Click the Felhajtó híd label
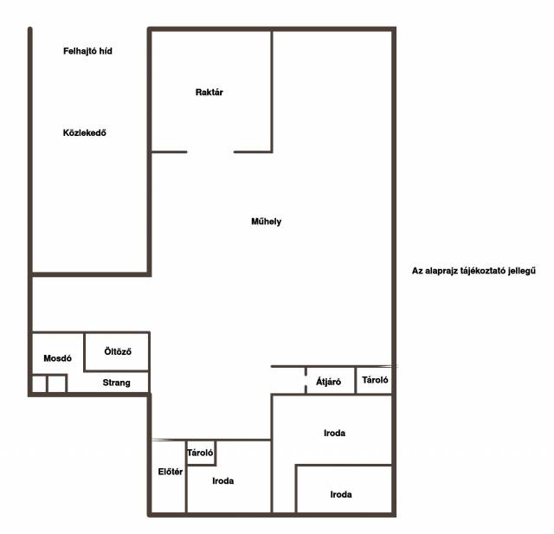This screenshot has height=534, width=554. tap(87, 51)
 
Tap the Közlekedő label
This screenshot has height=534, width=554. tap(85, 132)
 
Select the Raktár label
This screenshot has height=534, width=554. tap(209, 93)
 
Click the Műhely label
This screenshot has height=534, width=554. tap(267, 222)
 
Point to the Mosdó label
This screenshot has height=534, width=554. tap(58, 358)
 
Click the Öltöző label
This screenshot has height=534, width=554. tap(118, 351)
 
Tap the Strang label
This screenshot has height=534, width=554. tap(117, 383)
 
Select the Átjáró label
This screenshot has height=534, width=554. tap(329, 382)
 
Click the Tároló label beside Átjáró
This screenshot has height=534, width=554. tap(375, 380)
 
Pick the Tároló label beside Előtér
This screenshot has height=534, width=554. tap(200, 453)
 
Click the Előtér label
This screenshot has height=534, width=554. tap(171, 472)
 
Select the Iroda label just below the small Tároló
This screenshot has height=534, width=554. tap(223, 480)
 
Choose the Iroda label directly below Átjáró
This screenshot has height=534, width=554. tap(335, 433)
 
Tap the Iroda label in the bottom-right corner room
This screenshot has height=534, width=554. tap(341, 494)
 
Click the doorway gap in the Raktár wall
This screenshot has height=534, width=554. tap(210, 152)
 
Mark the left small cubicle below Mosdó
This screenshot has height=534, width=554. tap(39, 384)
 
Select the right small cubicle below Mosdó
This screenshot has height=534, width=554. tap(56, 384)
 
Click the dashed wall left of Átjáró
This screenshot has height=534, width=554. tap(306, 380)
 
